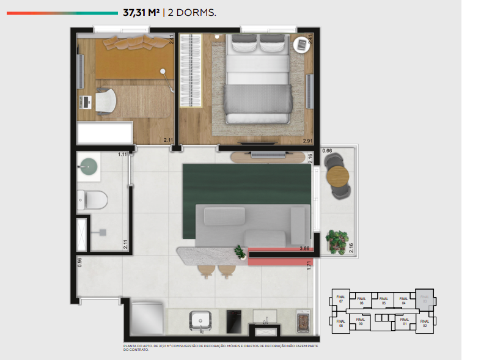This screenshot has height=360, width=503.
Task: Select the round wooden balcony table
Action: coord(337,177)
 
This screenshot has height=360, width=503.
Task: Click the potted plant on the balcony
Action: coord(337,240)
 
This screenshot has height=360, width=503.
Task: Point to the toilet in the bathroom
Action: coord(93,199)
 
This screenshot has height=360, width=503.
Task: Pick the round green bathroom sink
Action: coord(89,165)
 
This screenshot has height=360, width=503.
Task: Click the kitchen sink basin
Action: coord(200,319)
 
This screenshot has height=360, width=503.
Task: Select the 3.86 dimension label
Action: coord(304,249)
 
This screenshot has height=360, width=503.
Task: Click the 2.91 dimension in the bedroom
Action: coord(307,141)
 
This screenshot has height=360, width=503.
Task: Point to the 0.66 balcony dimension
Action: coord(327,150)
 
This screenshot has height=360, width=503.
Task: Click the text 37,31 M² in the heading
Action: coord(141,12)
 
